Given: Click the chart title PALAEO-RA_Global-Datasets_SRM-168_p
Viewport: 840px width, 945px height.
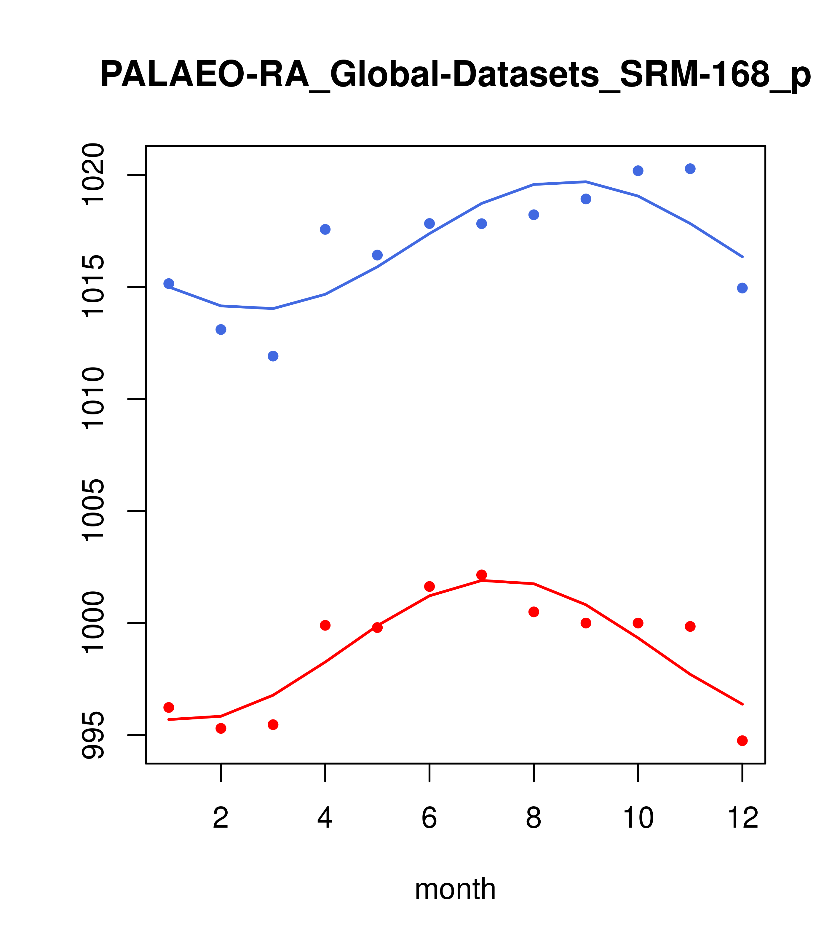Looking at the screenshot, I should pyautogui.click(x=455, y=75).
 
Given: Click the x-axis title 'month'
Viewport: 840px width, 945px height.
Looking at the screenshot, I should pyautogui.click(x=455, y=889).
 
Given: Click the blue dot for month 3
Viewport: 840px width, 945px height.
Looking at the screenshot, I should pyautogui.click(x=273, y=356).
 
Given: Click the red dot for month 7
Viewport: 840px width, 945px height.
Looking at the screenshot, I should pyautogui.click(x=482, y=575).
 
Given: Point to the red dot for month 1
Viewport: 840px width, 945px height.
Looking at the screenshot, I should pyautogui.click(x=169, y=707).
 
